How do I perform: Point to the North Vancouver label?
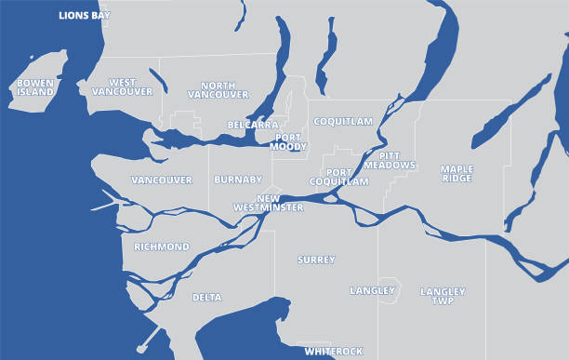tap(218, 90)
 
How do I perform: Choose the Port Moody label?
tap(288, 142)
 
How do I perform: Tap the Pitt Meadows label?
tap(397, 160)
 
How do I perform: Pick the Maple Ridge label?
tap(457, 174)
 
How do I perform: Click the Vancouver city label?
tap(162, 180)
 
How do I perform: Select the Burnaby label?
tap(232, 180)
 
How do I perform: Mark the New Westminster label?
tap(280, 204)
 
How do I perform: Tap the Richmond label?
tap(162, 247)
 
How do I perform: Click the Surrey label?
tap(316, 260)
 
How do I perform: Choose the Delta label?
tap(206, 298)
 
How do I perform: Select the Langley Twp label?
tap(443, 296)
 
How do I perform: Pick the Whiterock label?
tap(334, 352)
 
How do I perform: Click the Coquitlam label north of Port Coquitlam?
tap(342, 122)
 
